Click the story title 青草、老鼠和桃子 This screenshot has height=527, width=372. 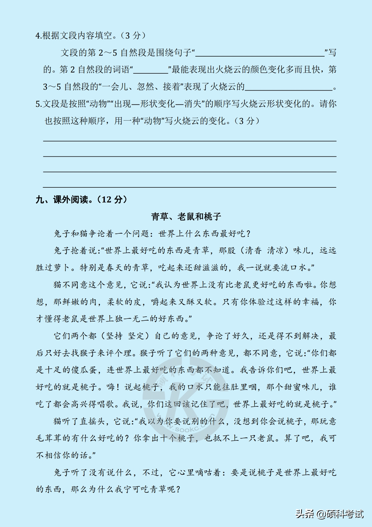[186, 217]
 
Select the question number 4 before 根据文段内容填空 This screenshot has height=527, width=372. [38, 36]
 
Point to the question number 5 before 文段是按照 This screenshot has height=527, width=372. [38, 104]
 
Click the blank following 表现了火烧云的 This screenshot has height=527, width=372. [289, 88]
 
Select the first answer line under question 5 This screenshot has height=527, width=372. [189, 140]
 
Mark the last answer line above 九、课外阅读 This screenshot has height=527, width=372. [189, 187]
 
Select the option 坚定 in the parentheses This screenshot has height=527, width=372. [137, 336]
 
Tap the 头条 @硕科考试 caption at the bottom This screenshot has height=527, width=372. [329, 514]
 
